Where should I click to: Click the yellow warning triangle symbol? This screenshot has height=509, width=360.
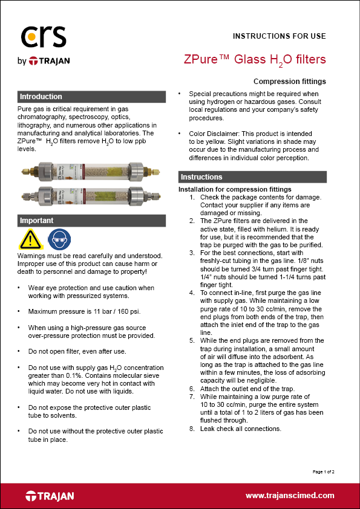click(x=30, y=240)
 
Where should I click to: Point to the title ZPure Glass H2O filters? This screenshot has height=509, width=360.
click(x=255, y=59)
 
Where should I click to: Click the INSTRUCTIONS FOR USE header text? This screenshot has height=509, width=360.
click(x=279, y=36)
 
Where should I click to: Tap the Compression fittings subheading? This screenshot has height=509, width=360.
click(x=289, y=82)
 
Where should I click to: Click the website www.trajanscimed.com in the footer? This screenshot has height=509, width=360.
click(x=290, y=496)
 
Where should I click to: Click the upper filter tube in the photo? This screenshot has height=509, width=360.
click(x=91, y=170)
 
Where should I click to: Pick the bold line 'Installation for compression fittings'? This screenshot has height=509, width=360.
click(x=235, y=189)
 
